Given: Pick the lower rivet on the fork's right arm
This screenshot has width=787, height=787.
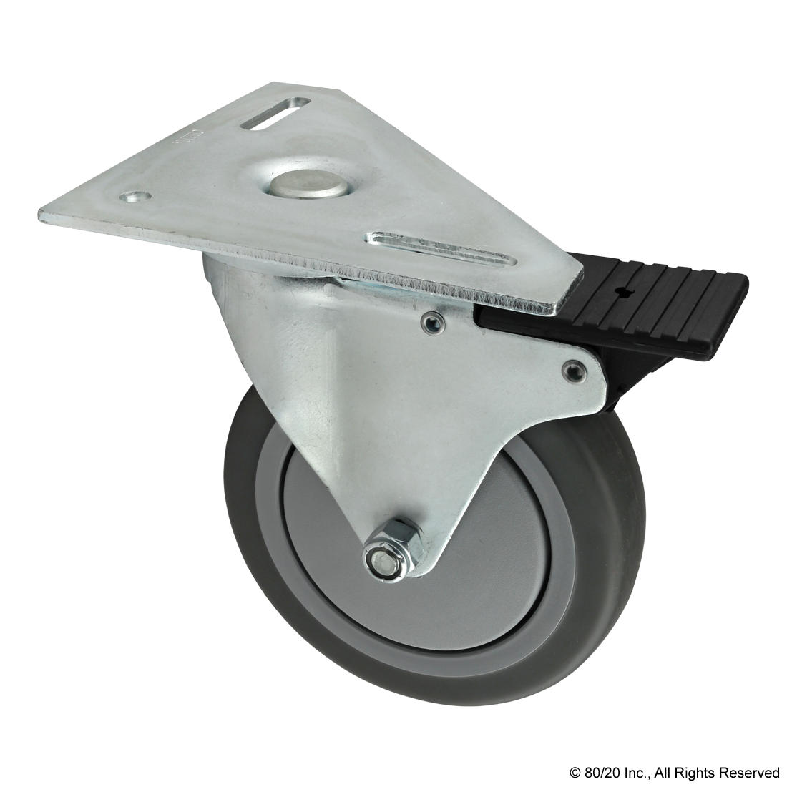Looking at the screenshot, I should click(x=573, y=369).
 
